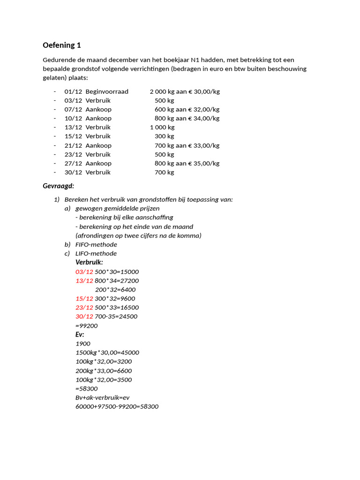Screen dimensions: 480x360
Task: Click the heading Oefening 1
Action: click(x=62, y=45)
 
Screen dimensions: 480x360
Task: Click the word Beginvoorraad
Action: click(x=106, y=91)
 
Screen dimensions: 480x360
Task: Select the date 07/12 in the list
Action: click(x=73, y=109)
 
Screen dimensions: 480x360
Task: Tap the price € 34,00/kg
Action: click(x=204, y=118)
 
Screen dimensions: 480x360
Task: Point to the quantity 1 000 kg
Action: click(x=162, y=127)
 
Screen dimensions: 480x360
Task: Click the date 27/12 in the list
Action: click(x=73, y=164)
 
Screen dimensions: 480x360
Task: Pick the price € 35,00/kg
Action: click(x=204, y=164)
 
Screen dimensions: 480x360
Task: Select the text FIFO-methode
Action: click(x=96, y=245)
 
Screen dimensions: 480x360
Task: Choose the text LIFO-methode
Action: click(x=96, y=254)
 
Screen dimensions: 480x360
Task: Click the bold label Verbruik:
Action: click(x=89, y=262)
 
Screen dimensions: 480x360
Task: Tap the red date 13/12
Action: click(x=84, y=281)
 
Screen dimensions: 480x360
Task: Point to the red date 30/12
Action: click(x=84, y=316)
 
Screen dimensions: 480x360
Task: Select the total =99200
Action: click(x=87, y=326)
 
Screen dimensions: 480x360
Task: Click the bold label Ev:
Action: click(x=80, y=335)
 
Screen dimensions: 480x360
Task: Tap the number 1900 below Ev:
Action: click(x=83, y=344)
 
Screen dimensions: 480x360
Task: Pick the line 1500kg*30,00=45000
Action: click(x=107, y=352)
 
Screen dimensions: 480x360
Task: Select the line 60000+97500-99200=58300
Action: click(x=117, y=406)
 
